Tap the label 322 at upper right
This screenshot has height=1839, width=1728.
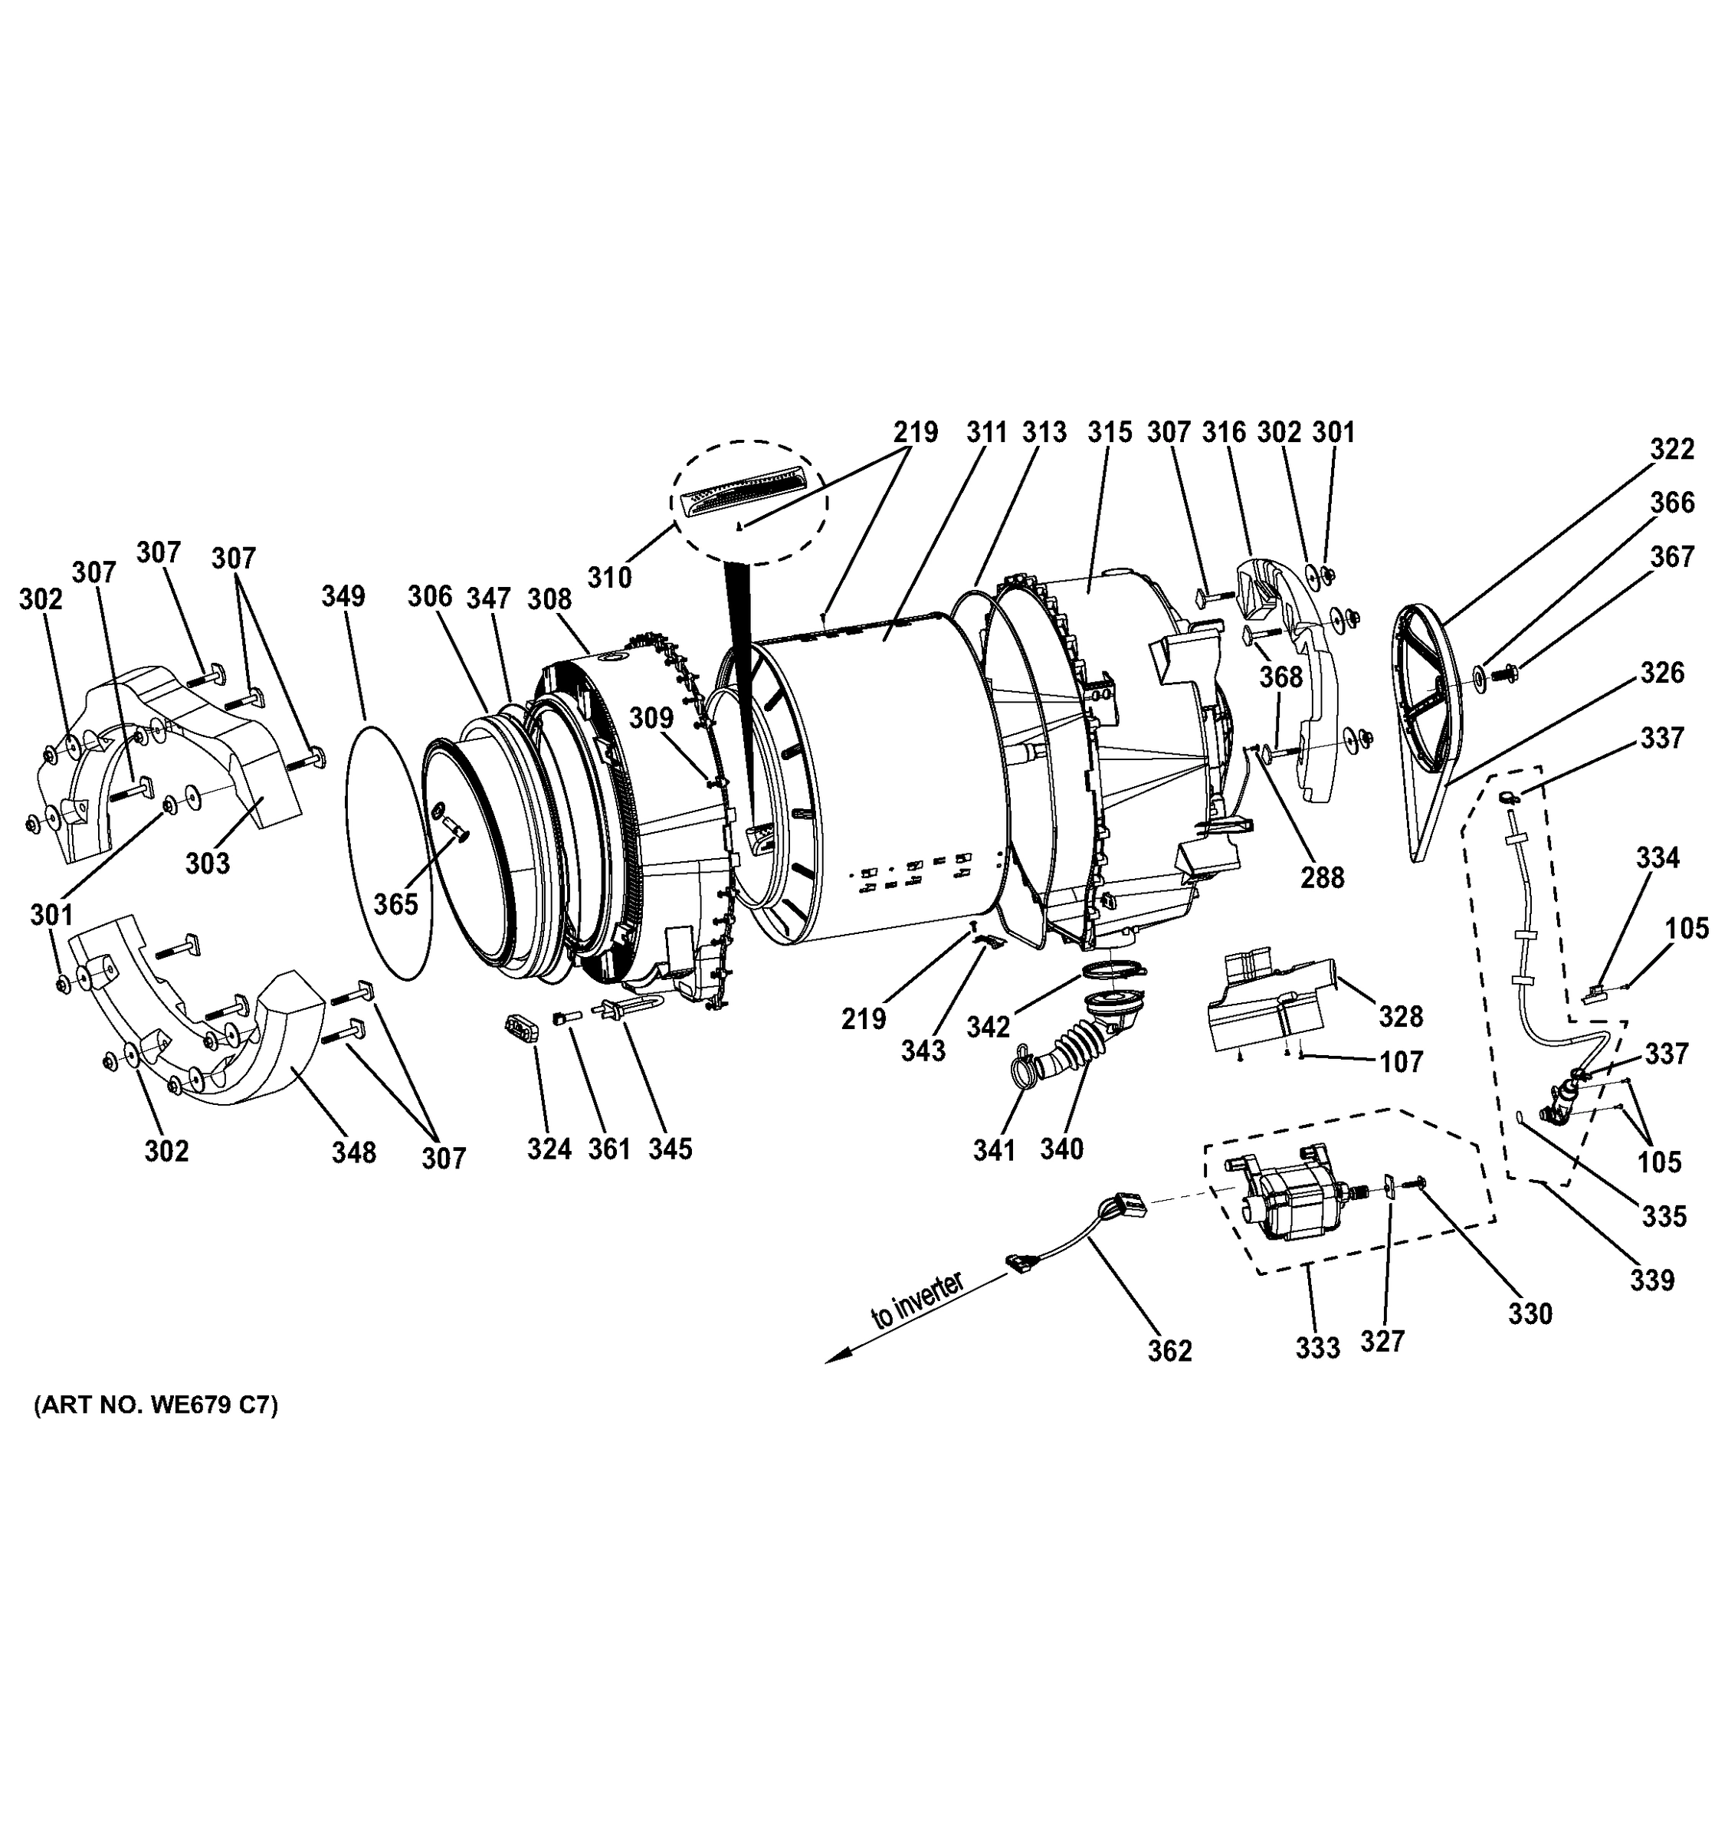point(1673,449)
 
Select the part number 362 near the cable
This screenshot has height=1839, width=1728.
point(1170,1351)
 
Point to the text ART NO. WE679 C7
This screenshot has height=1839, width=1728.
point(156,1406)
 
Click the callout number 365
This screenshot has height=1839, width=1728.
point(396,903)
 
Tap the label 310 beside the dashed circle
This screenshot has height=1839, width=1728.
point(610,577)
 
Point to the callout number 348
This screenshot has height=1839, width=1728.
point(354,1152)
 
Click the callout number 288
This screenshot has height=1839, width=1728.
point(1322,877)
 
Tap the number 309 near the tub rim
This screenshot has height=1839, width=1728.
point(652,718)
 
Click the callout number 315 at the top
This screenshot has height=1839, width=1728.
point(1109,432)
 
